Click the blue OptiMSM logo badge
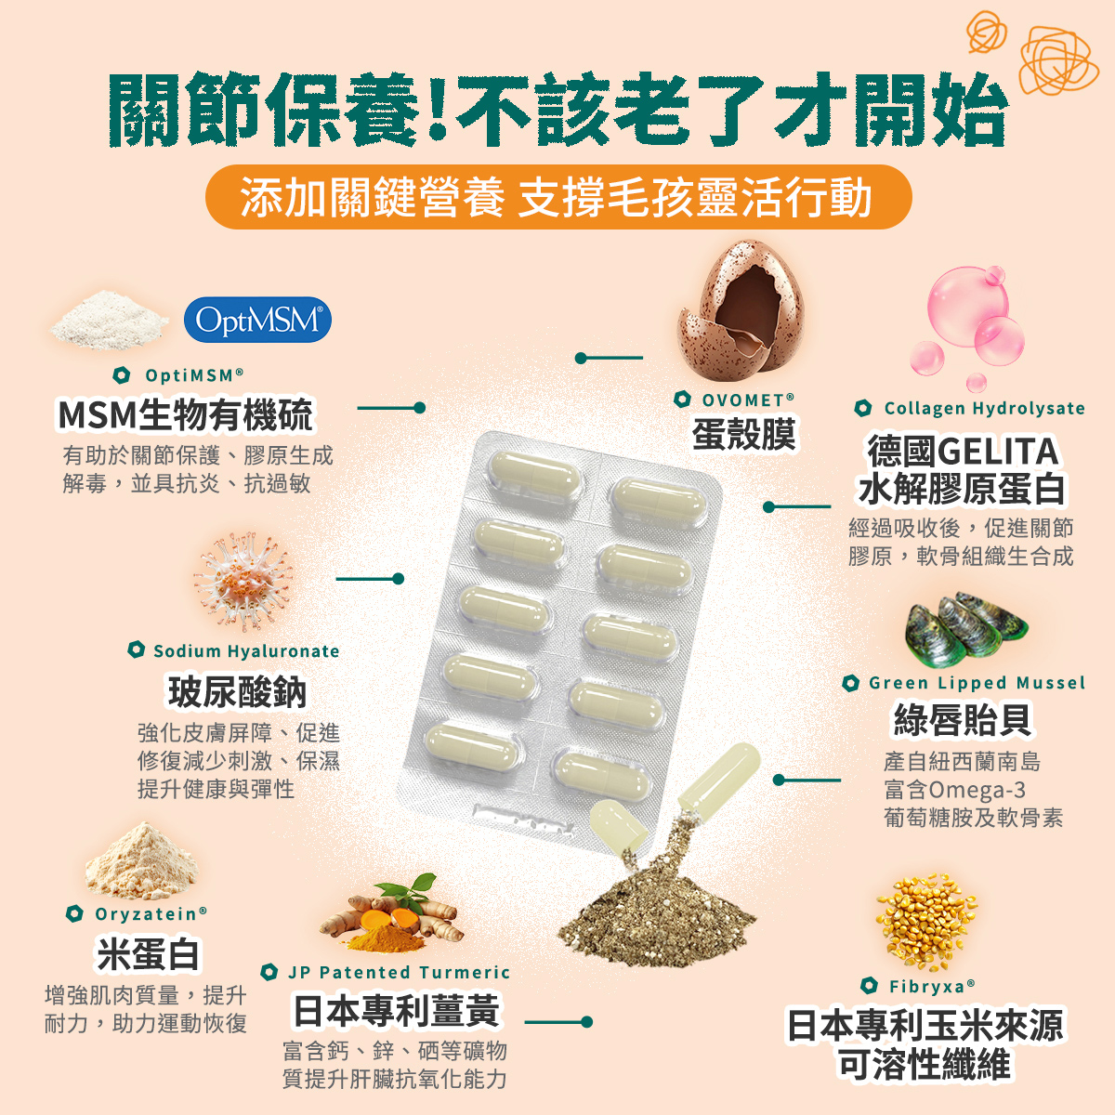coord(257,320)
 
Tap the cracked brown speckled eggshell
coord(741,309)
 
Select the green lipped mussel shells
coord(966,629)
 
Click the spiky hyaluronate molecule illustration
coord(243,581)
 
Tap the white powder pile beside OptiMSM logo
coord(108,326)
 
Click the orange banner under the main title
coord(558,197)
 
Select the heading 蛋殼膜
coord(743,433)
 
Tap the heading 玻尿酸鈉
coord(237,691)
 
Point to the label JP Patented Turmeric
coord(399,972)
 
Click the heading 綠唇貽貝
coord(963,720)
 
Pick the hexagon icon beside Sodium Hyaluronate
coord(136,649)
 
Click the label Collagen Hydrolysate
coord(984,409)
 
